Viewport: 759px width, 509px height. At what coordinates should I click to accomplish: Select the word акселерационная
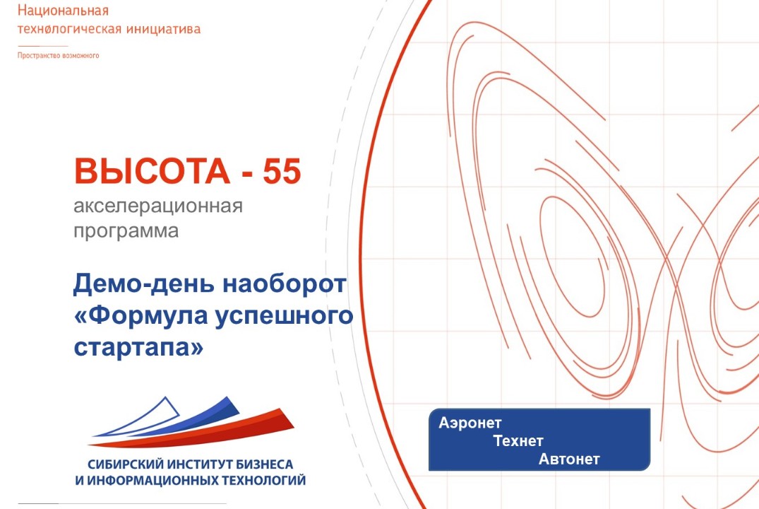coord(157,207)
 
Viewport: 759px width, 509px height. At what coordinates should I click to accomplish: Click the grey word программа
coord(126,230)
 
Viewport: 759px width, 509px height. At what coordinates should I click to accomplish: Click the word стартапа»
coord(138,347)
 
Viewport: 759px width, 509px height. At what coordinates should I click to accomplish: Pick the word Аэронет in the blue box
coord(470,423)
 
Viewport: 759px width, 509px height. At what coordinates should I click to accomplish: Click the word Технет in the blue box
coord(518,441)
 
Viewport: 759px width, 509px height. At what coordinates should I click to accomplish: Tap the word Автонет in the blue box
coord(569,460)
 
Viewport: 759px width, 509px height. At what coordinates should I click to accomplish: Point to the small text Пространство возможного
coord(58,55)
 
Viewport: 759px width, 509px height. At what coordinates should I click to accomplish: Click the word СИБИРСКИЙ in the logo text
coord(126,464)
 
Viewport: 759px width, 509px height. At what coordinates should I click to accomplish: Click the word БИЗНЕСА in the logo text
coord(261,464)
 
